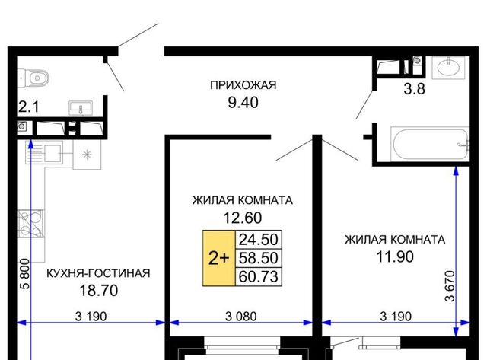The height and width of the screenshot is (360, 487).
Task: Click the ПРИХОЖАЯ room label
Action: pos(243,85)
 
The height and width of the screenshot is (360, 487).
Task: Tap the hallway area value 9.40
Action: pos(243,103)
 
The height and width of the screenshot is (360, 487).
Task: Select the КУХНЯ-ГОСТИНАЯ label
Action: pos(98,273)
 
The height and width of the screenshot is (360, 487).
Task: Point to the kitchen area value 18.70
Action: pos(99,291)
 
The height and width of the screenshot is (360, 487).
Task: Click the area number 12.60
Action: pos(243,218)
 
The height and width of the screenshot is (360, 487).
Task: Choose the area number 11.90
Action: pos(395,257)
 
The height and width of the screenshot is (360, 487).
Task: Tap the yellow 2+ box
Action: pos(219,258)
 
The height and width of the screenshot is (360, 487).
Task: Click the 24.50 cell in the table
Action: pos(259,240)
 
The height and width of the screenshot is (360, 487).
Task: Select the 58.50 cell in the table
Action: pos(259,258)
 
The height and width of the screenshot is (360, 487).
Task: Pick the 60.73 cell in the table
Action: pos(259,276)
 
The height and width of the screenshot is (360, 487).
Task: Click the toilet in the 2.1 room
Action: pos(33,78)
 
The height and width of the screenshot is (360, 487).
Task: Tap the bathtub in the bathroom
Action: pos(430,144)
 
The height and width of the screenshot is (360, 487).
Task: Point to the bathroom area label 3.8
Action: pos(414,89)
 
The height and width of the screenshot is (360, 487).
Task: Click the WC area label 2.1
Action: pos(29,107)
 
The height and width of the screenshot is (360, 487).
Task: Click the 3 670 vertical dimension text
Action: pos(450,286)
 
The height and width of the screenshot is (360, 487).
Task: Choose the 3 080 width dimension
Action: pos(241,317)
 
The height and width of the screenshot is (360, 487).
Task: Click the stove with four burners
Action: pos(30,224)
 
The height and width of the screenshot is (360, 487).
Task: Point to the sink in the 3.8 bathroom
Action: pos(448,66)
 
